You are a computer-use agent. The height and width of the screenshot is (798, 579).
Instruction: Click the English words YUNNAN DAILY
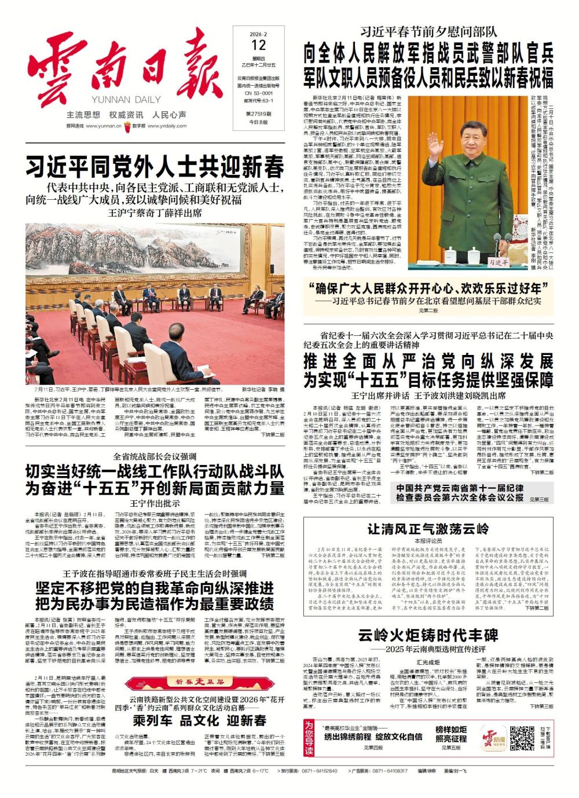coord(126,100)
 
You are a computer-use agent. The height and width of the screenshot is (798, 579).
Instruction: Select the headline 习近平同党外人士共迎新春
coord(155,168)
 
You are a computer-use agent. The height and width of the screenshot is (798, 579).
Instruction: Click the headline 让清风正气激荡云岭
coord(428,528)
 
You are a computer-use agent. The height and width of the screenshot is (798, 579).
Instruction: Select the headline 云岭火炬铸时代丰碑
coord(428,635)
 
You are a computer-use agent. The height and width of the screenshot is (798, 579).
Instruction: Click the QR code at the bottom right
coord(522,737)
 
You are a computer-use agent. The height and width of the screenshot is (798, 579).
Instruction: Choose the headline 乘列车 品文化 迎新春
coord(200,720)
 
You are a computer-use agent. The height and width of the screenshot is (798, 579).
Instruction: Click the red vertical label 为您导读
coord(309,737)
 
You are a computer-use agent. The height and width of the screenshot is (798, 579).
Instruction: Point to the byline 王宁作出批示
coord(155,503)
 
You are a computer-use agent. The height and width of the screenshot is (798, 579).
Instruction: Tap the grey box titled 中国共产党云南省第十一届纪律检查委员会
coord(460,493)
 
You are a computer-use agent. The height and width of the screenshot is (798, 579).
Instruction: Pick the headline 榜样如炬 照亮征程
coord(451,734)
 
